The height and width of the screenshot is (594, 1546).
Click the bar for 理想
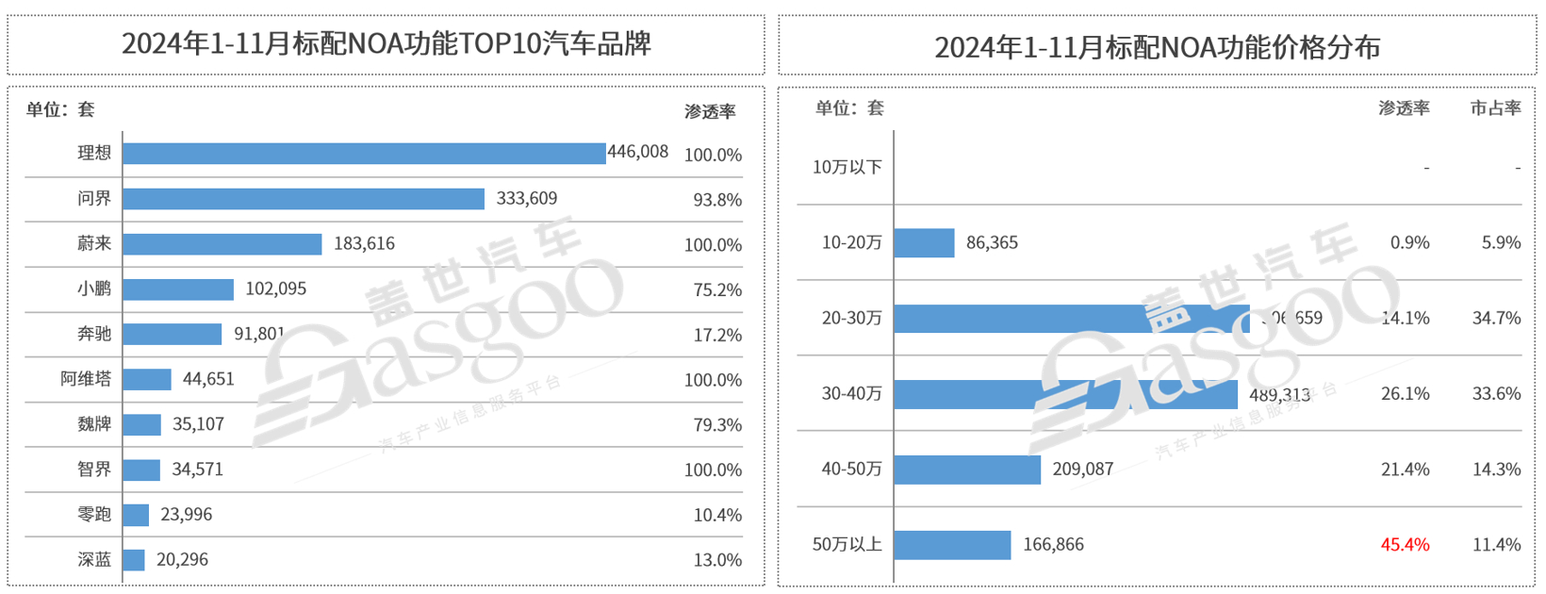[x=364, y=154]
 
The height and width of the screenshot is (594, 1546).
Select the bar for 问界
[x=304, y=199]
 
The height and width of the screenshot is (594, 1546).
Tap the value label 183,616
[x=364, y=243]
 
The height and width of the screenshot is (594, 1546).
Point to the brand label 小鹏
[x=94, y=289]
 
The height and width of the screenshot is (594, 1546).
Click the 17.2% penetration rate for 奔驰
[x=717, y=335]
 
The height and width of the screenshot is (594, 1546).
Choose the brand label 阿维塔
[x=86, y=379]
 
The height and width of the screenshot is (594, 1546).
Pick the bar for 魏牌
[x=142, y=424]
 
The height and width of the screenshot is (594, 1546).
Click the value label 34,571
[x=197, y=469]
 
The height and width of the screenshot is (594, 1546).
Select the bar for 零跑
[x=136, y=515]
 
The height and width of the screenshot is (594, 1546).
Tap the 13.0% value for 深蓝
[x=717, y=560]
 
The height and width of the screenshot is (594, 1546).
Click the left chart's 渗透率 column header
[x=710, y=111]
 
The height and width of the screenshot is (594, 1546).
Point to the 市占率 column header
[x=1496, y=108]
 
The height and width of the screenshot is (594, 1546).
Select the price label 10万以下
[x=847, y=167]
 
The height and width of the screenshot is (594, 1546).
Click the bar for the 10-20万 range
[x=925, y=243]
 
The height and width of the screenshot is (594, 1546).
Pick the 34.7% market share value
[x=1496, y=319]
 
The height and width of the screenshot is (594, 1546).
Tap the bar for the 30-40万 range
[x=1066, y=394]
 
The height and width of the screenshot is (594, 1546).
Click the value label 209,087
[x=1082, y=469]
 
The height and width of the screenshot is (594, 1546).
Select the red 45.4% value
[x=1405, y=545]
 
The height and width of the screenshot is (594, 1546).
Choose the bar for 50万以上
[x=953, y=545]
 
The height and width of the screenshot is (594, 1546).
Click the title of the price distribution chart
[x=1157, y=46]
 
